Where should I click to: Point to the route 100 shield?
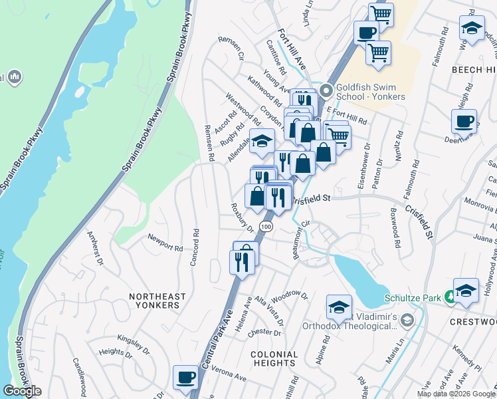pyautogui.click(x=266, y=227)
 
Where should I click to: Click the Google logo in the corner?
pyautogui.click(x=22, y=391)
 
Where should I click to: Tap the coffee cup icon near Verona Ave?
pyautogui.click(x=185, y=377)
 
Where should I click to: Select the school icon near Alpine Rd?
pyautogui.click(x=339, y=307)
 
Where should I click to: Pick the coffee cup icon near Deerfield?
pyautogui.click(x=464, y=121)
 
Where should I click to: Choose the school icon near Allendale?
pyautogui.click(x=262, y=140)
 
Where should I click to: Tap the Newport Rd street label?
pyautogui.click(x=165, y=243)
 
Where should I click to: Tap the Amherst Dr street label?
pyautogui.click(x=96, y=248)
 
